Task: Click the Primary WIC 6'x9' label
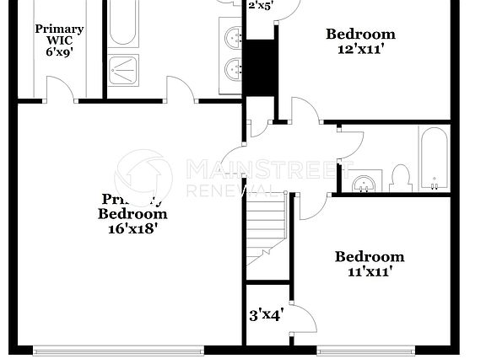52,40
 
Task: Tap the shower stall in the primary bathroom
125,70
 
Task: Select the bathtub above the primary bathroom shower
123,23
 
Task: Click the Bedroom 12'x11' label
360,41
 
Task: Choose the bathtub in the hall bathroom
435,160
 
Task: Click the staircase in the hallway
264,231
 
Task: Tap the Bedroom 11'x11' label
369,264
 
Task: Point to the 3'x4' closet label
266,316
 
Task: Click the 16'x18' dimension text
127,228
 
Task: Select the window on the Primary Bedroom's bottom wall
118,349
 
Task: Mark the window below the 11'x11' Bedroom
367,349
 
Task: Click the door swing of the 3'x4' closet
302,317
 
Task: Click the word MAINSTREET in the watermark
269,168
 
